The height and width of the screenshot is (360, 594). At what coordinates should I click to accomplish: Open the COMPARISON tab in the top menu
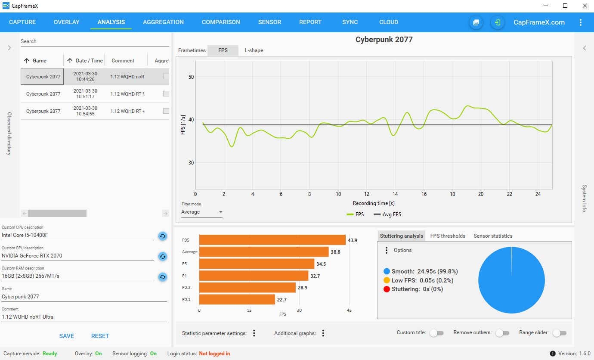(x=221, y=22)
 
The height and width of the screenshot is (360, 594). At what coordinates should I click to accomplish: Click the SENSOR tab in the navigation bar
(x=269, y=22)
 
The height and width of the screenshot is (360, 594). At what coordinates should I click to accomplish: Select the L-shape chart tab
(x=254, y=50)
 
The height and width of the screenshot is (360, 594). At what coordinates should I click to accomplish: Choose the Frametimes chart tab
(x=192, y=50)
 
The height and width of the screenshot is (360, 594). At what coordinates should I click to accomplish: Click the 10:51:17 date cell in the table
(x=85, y=94)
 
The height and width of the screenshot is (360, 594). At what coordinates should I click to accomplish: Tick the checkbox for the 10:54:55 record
(x=166, y=111)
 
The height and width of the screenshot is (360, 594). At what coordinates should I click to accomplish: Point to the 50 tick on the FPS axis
(x=192, y=77)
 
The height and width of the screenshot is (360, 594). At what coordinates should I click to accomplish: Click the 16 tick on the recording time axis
(x=424, y=194)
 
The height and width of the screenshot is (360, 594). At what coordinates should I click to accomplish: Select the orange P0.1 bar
(x=237, y=300)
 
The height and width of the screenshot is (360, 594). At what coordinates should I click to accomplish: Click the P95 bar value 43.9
(x=353, y=240)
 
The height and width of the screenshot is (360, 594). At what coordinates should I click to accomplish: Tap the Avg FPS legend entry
(x=387, y=214)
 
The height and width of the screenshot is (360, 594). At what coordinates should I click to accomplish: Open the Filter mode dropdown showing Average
(x=202, y=212)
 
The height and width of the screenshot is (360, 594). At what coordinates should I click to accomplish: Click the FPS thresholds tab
(x=448, y=236)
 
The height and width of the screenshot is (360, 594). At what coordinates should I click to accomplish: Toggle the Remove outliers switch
(x=502, y=333)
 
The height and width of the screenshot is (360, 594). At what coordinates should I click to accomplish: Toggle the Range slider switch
(x=560, y=333)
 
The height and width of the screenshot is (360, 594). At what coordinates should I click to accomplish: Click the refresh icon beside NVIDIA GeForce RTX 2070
(x=163, y=256)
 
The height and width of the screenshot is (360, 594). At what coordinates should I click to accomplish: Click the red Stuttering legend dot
(x=387, y=289)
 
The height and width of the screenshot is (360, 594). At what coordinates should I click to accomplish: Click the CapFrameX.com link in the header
(x=539, y=22)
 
